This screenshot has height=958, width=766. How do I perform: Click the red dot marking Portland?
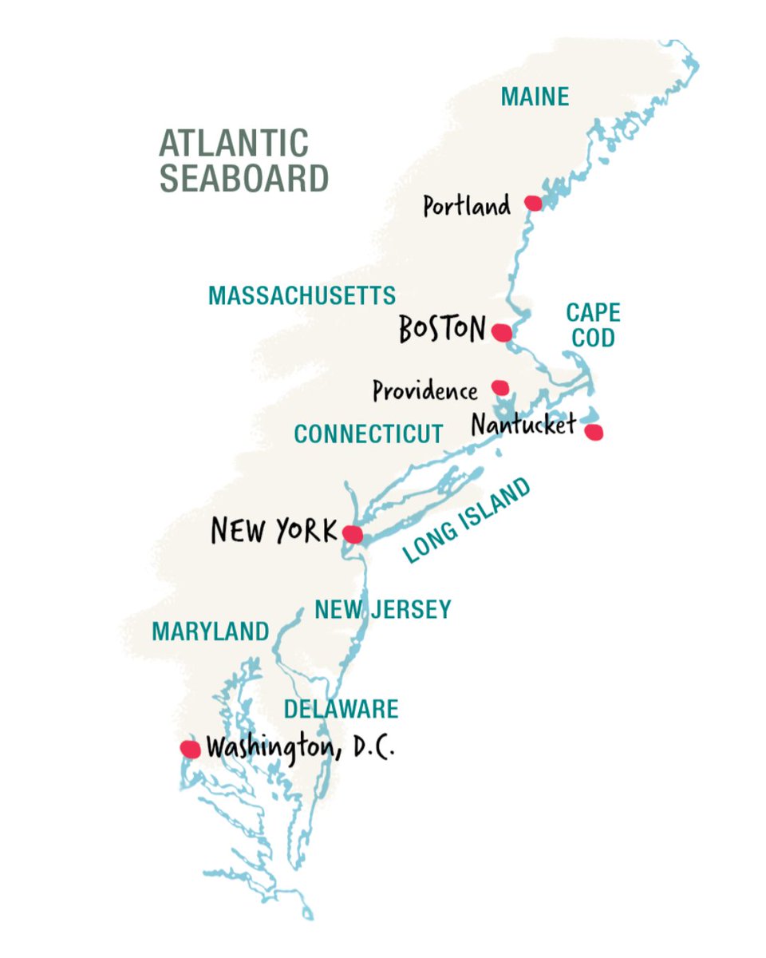(x=533, y=204)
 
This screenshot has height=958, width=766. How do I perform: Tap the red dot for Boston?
(x=501, y=332)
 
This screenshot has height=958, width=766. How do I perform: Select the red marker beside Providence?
(x=500, y=387)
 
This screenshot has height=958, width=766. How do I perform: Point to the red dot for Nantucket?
(x=593, y=432)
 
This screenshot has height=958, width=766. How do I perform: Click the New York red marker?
(x=352, y=534)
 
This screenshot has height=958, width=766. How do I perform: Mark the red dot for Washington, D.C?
(x=190, y=749)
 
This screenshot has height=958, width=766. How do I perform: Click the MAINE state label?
(x=535, y=97)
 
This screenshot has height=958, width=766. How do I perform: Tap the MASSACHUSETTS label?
(x=302, y=295)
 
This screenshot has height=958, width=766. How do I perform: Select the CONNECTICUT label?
(x=368, y=433)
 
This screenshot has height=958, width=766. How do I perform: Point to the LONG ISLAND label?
(x=466, y=521)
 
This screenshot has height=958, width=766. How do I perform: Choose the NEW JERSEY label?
(x=382, y=610)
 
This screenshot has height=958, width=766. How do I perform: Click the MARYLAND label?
(x=211, y=631)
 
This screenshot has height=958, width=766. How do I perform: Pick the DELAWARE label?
(x=341, y=708)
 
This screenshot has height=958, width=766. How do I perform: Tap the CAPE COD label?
(x=593, y=325)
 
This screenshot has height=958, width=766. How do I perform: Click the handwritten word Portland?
(x=466, y=207)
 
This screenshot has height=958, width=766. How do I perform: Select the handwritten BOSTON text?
(x=442, y=328)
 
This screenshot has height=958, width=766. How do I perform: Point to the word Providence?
(x=424, y=391)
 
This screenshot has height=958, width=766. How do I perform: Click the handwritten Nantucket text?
(x=523, y=425)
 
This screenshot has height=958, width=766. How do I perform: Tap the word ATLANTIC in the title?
(x=234, y=144)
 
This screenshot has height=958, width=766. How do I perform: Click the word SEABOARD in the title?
(x=244, y=178)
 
